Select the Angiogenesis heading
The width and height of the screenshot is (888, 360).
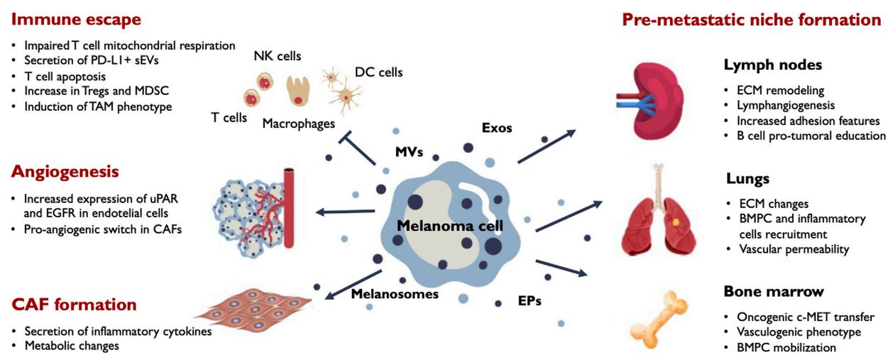pyautogui.click(x=64, y=172)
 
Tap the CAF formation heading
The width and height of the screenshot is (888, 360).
pyautogui.click(x=74, y=305)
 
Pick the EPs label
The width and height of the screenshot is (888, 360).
pyautogui.click(x=529, y=300)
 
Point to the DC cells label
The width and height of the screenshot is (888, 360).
pyautogui.click(x=379, y=72)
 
